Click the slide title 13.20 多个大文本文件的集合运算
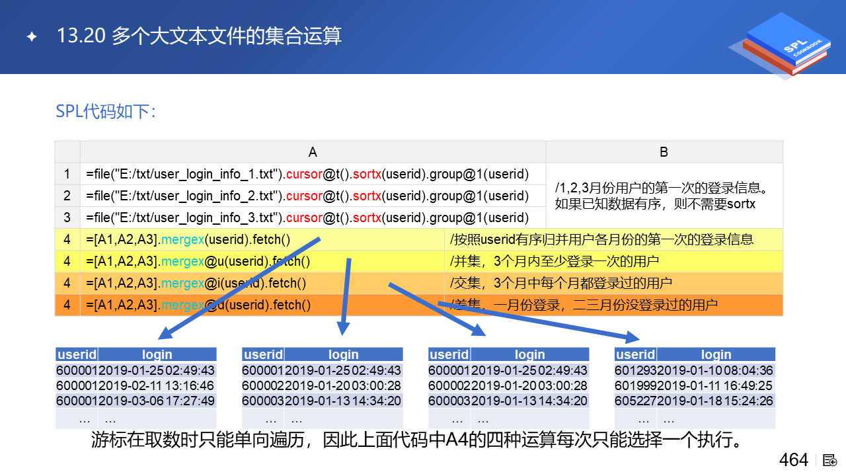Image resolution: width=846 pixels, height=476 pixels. (x=199, y=36)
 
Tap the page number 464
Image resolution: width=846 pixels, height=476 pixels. (x=794, y=459)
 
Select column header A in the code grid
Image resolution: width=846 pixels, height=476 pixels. (x=313, y=152)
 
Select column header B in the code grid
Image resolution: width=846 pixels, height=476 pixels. (x=664, y=152)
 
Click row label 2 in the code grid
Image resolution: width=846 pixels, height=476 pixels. (x=67, y=196)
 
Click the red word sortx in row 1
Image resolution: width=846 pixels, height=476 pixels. (x=367, y=174)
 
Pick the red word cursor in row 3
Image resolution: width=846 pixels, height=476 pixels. (x=304, y=218)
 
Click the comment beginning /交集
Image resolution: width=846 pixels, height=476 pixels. (x=561, y=283)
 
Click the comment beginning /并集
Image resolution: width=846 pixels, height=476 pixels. (x=554, y=261)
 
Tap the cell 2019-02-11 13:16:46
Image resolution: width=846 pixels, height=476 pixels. (x=157, y=385)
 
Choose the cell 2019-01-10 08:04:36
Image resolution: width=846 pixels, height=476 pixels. (x=715, y=371)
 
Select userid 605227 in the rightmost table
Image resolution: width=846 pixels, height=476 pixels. (x=635, y=401)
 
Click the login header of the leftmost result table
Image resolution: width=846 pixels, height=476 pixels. (x=157, y=354)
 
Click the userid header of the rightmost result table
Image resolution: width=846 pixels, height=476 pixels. (x=635, y=354)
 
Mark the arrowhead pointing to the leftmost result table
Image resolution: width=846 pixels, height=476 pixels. (x=165, y=334)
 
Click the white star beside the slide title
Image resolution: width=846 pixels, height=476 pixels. (x=32, y=36)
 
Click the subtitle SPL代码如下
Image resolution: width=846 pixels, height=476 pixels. (x=105, y=112)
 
